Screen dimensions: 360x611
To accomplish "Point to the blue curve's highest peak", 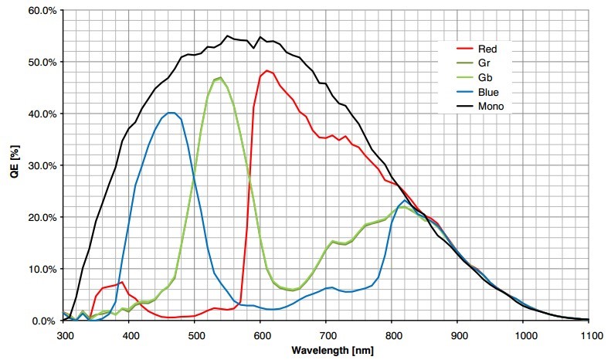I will tap(171, 113).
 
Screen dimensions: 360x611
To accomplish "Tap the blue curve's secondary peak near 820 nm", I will tap(404, 201).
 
